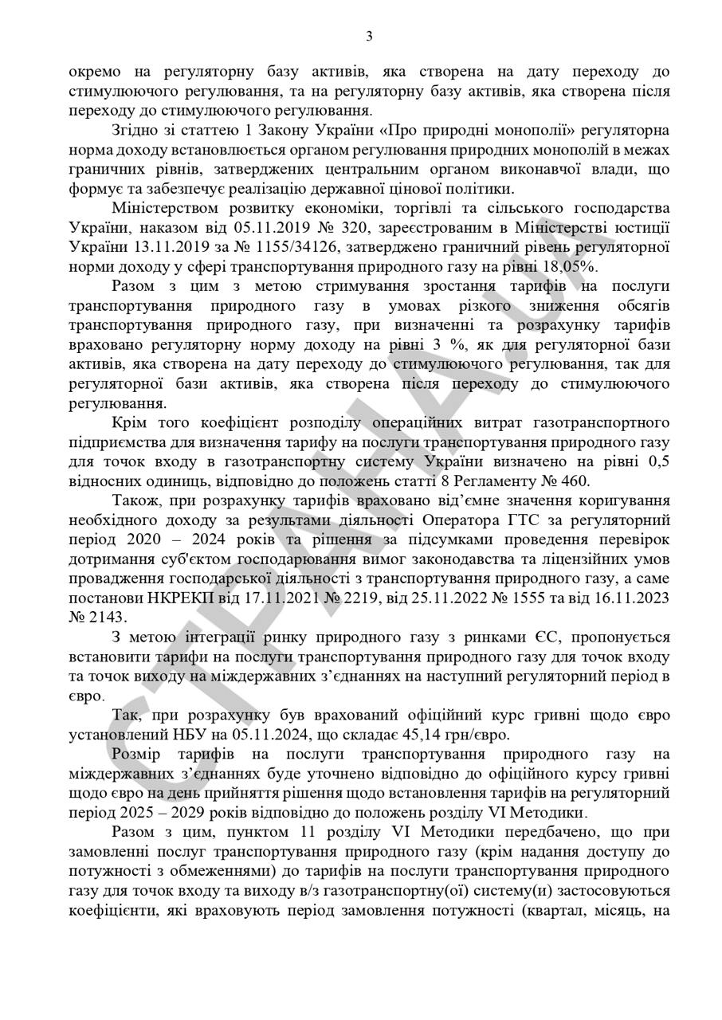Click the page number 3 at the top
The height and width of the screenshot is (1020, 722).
[x=369, y=35]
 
